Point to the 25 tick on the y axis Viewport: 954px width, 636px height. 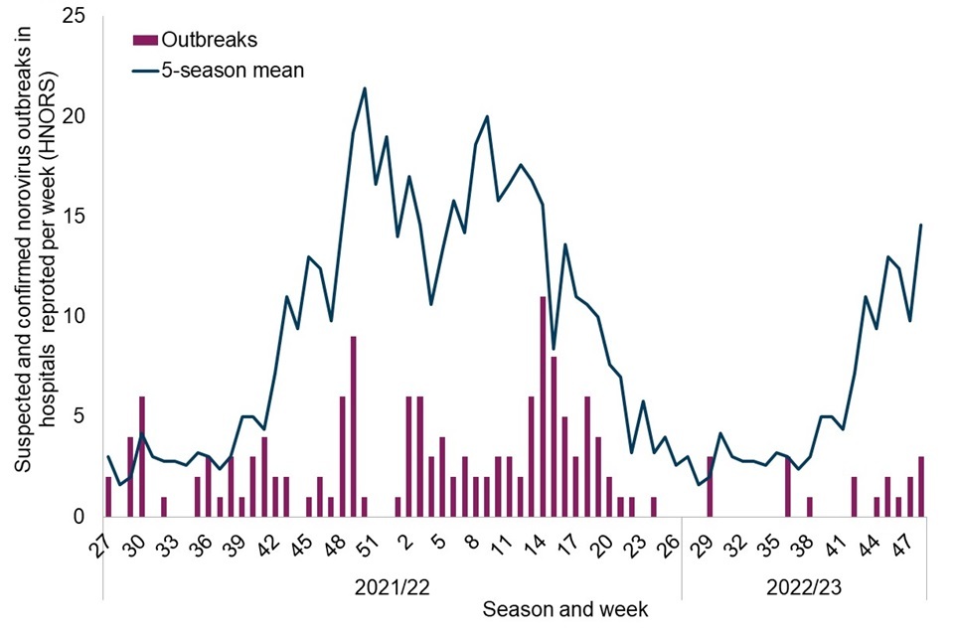(76, 17)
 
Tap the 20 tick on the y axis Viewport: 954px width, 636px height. (76, 116)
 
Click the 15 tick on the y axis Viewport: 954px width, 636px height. (76, 217)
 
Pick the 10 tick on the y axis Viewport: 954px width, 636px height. (76, 317)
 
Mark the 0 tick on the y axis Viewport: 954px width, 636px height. (80, 517)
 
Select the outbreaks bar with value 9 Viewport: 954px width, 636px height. (353, 426)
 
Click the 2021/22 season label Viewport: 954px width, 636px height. (392, 586)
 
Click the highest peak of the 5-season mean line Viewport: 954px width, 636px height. (365, 88)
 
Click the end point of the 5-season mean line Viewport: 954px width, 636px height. (921, 225)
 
